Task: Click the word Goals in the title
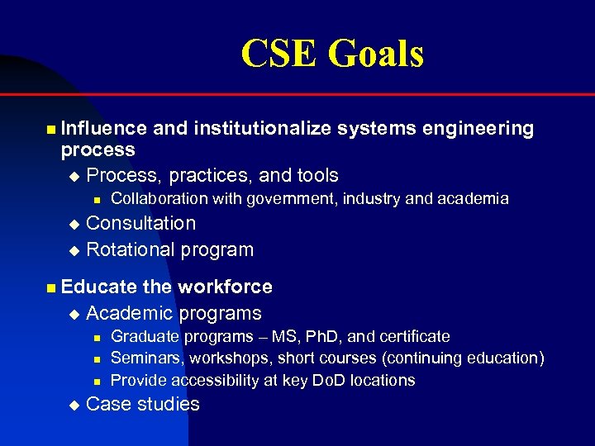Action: (x=376, y=55)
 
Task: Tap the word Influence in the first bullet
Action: (x=104, y=128)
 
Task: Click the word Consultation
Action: (x=141, y=223)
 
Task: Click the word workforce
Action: (x=225, y=287)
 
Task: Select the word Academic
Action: (x=127, y=313)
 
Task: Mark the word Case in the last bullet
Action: (x=107, y=404)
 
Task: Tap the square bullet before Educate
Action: (x=51, y=287)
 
